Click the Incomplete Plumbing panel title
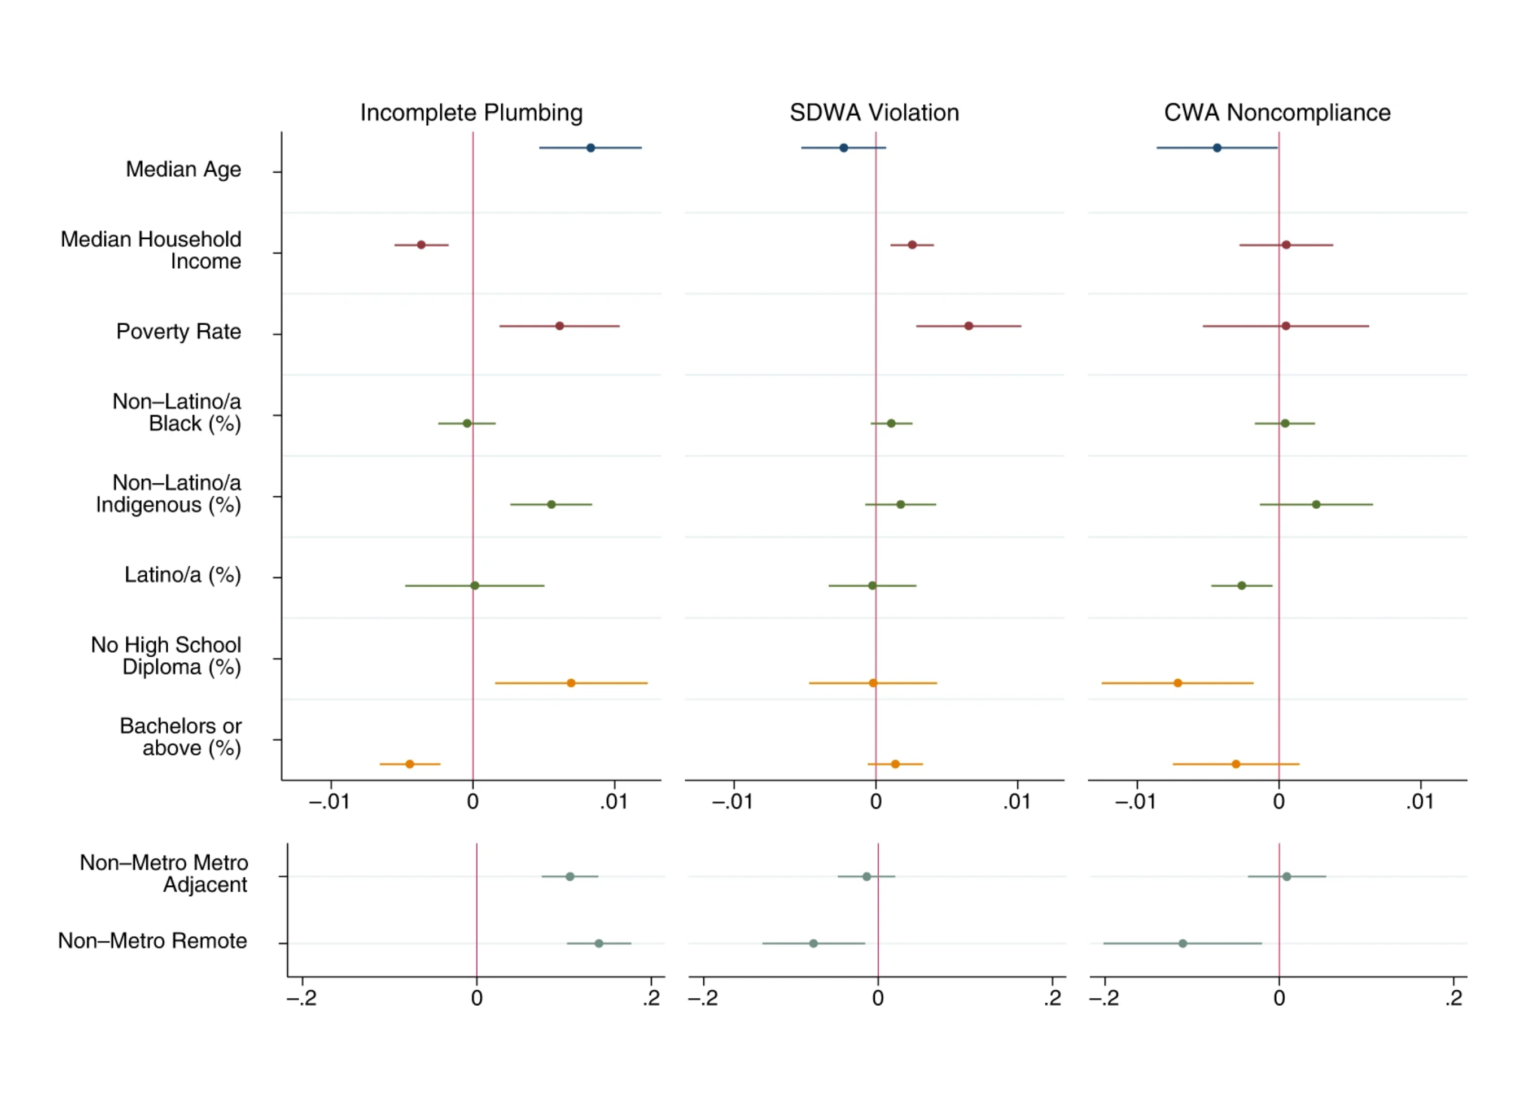pos(471,112)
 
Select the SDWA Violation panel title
pos(874,112)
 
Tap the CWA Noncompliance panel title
pos(1277,112)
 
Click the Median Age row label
pos(183,169)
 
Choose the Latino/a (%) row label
pos(182,575)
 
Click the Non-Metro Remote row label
pos(152,940)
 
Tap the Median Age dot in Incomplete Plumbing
pos(590,148)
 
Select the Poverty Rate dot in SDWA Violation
pos(968,326)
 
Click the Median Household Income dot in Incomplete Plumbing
pos(421,244)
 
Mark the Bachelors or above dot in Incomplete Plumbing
pos(410,764)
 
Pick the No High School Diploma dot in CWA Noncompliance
pos(1178,683)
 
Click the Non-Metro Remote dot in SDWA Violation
pos(814,943)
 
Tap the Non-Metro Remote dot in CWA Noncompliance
pos(1183,943)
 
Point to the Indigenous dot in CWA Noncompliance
pos(1316,504)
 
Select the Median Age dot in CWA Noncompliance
pos(1217,148)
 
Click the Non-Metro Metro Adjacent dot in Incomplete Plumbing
pos(570,876)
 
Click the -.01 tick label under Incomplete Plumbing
pos(329,802)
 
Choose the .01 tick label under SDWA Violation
pos(1017,802)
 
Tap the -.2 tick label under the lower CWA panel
pos(1103,998)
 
